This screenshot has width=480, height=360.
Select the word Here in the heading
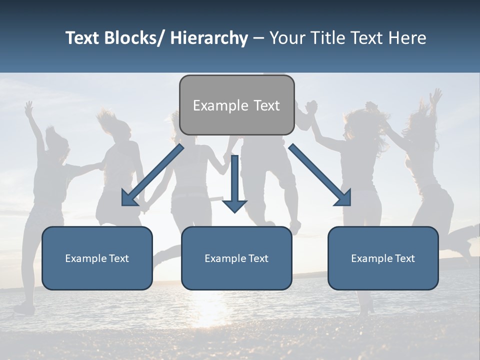[407, 38]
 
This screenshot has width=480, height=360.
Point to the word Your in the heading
[287, 38]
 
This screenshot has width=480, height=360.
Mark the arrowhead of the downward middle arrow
[234, 205]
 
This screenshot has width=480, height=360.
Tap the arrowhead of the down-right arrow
[344, 198]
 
